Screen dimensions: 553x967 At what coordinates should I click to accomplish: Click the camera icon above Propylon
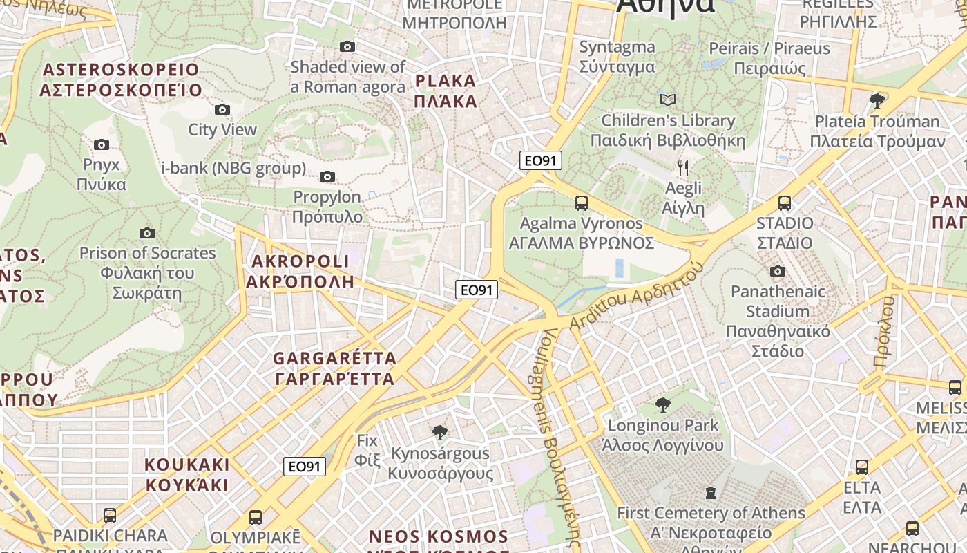[327, 177]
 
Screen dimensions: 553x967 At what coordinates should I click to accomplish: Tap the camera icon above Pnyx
[102, 144]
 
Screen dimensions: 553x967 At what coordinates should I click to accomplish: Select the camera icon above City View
[222, 109]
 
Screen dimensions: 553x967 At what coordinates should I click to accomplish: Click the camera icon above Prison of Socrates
[147, 233]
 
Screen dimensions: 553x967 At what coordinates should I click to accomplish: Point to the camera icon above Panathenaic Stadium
[778, 271]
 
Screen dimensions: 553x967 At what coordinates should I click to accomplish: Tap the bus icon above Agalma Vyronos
[582, 203]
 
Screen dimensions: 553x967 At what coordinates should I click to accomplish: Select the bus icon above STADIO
[785, 203]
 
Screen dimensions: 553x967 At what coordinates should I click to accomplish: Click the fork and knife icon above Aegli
[683, 168]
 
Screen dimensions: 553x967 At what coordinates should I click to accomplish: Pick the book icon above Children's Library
[667, 100]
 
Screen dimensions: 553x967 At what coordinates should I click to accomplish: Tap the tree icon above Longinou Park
[662, 405]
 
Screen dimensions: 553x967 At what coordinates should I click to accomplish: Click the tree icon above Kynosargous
[439, 433]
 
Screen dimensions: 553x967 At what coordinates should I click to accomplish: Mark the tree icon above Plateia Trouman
[877, 101]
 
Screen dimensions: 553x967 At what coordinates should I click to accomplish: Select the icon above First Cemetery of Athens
[711, 493]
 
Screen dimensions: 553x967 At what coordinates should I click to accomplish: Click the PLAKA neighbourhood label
[446, 91]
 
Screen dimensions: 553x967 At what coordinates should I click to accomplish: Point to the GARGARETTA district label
[335, 368]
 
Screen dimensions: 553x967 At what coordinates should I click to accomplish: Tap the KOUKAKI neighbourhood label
[186, 474]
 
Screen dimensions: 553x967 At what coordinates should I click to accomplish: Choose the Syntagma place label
[617, 57]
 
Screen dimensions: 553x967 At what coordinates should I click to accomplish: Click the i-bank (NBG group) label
[233, 168]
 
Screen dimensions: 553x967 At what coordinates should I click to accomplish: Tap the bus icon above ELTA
[862, 467]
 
